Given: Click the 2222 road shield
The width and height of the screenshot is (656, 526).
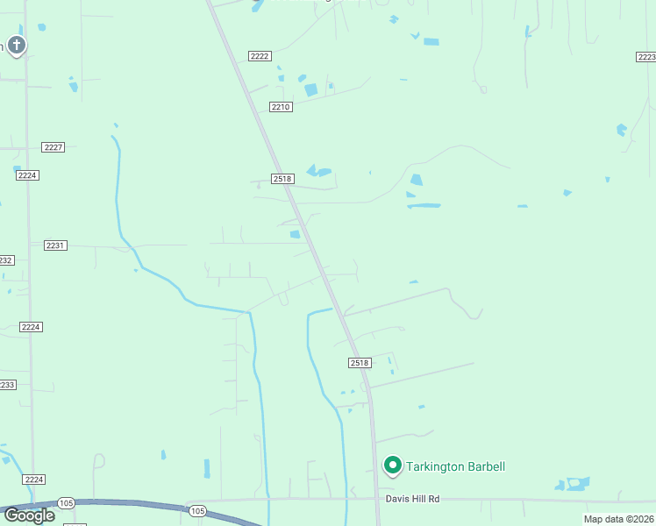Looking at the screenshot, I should (x=260, y=56).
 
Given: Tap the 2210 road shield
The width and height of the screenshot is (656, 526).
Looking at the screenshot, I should (x=280, y=107).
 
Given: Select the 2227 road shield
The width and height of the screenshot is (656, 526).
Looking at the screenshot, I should (x=53, y=147).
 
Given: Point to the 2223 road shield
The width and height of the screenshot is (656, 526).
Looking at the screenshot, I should (x=646, y=56).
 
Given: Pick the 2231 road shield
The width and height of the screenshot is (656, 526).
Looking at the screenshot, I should (x=55, y=246).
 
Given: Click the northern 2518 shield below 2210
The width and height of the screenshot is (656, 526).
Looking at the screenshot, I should (x=282, y=179).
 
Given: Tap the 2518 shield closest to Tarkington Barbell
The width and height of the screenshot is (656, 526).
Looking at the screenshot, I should (x=360, y=363).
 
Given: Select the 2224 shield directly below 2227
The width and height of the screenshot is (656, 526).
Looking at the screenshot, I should (x=27, y=175).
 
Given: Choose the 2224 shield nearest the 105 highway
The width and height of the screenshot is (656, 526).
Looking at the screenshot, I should (x=33, y=480).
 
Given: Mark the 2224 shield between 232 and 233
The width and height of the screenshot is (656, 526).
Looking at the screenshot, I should (x=31, y=327).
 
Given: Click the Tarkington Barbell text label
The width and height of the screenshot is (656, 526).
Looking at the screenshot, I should (x=456, y=466).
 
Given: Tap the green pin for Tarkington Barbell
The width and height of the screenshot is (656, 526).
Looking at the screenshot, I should (x=393, y=465).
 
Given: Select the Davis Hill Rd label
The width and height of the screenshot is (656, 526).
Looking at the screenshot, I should (x=412, y=499).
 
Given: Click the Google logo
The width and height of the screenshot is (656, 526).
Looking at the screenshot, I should (x=28, y=515).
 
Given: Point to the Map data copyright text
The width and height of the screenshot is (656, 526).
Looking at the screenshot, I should (x=619, y=519).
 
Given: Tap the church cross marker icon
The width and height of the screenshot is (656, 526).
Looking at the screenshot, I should (x=16, y=45).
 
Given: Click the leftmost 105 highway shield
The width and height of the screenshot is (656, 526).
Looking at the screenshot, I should (x=66, y=502).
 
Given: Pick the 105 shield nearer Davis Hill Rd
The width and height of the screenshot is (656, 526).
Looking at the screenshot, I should (x=197, y=510).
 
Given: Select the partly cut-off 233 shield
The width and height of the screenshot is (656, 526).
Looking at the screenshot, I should (x=6, y=385).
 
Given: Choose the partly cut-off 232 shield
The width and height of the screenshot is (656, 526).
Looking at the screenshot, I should (x=5, y=260).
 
